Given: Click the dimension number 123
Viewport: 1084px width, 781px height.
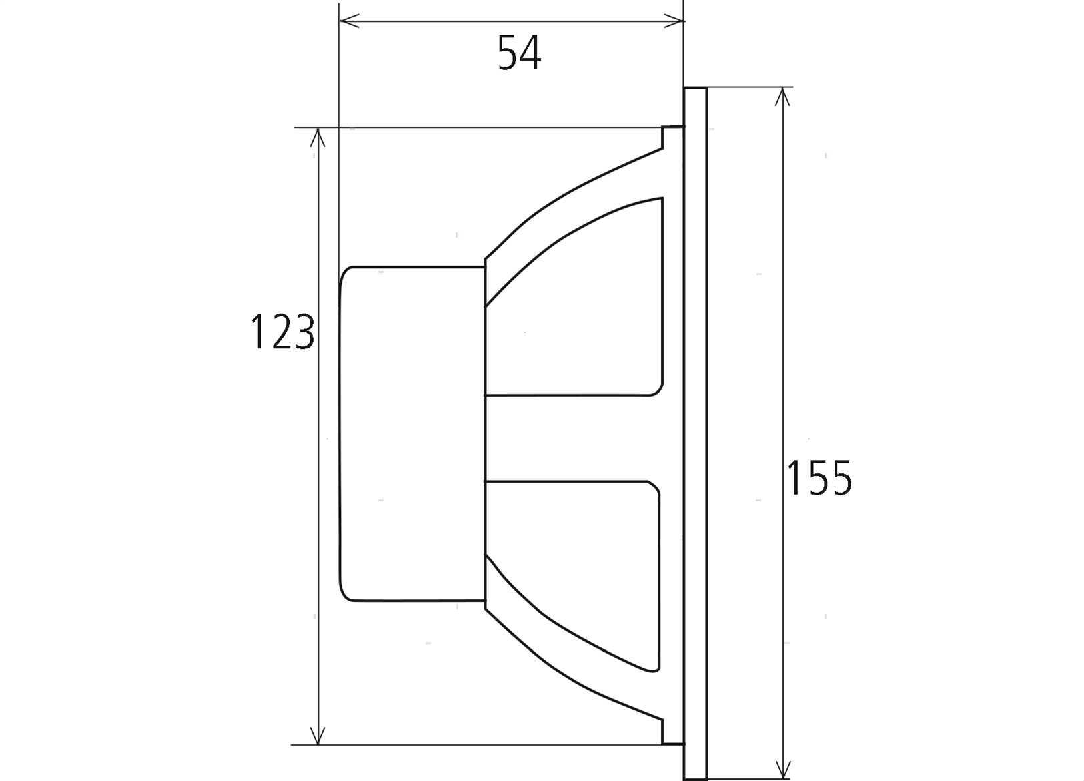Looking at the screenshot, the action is [x=282, y=332].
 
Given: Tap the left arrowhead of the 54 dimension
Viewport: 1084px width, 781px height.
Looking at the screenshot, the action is [x=348, y=21].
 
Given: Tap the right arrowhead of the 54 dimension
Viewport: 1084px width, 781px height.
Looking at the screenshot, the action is [x=674, y=21].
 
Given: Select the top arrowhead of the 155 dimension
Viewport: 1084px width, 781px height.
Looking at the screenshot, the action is [x=782, y=96].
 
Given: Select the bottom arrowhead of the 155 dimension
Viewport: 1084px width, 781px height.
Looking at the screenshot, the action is [x=782, y=770].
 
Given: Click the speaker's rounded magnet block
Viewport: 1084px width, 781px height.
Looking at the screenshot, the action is [x=412, y=434].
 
